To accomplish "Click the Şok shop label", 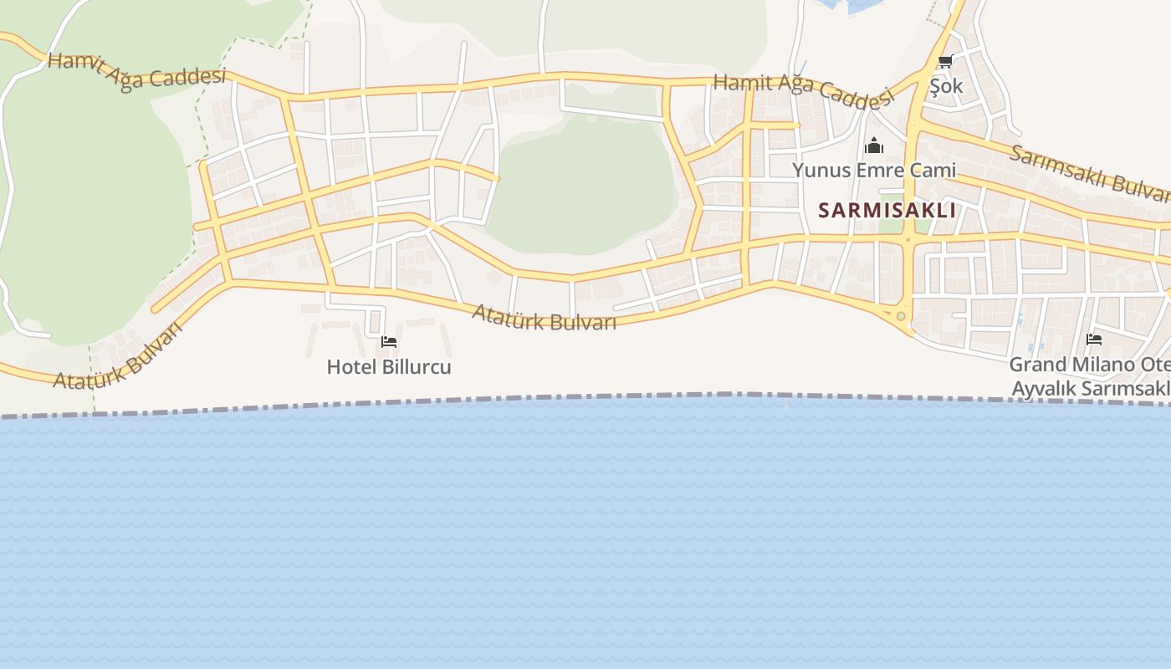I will [x=946, y=86].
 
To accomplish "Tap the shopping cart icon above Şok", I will [x=945, y=61].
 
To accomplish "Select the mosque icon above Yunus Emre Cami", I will [x=874, y=146].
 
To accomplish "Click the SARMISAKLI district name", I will [x=887, y=210].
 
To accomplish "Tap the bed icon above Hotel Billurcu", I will [x=389, y=341].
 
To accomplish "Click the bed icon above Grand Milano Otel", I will [x=1093, y=340].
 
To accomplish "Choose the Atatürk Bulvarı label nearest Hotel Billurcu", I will [x=544, y=318].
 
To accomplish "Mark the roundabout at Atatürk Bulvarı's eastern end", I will [x=900, y=316].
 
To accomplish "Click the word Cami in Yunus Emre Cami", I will [x=934, y=171].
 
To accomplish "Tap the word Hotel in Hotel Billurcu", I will [x=346, y=367].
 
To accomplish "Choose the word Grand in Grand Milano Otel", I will [x=1037, y=365].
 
